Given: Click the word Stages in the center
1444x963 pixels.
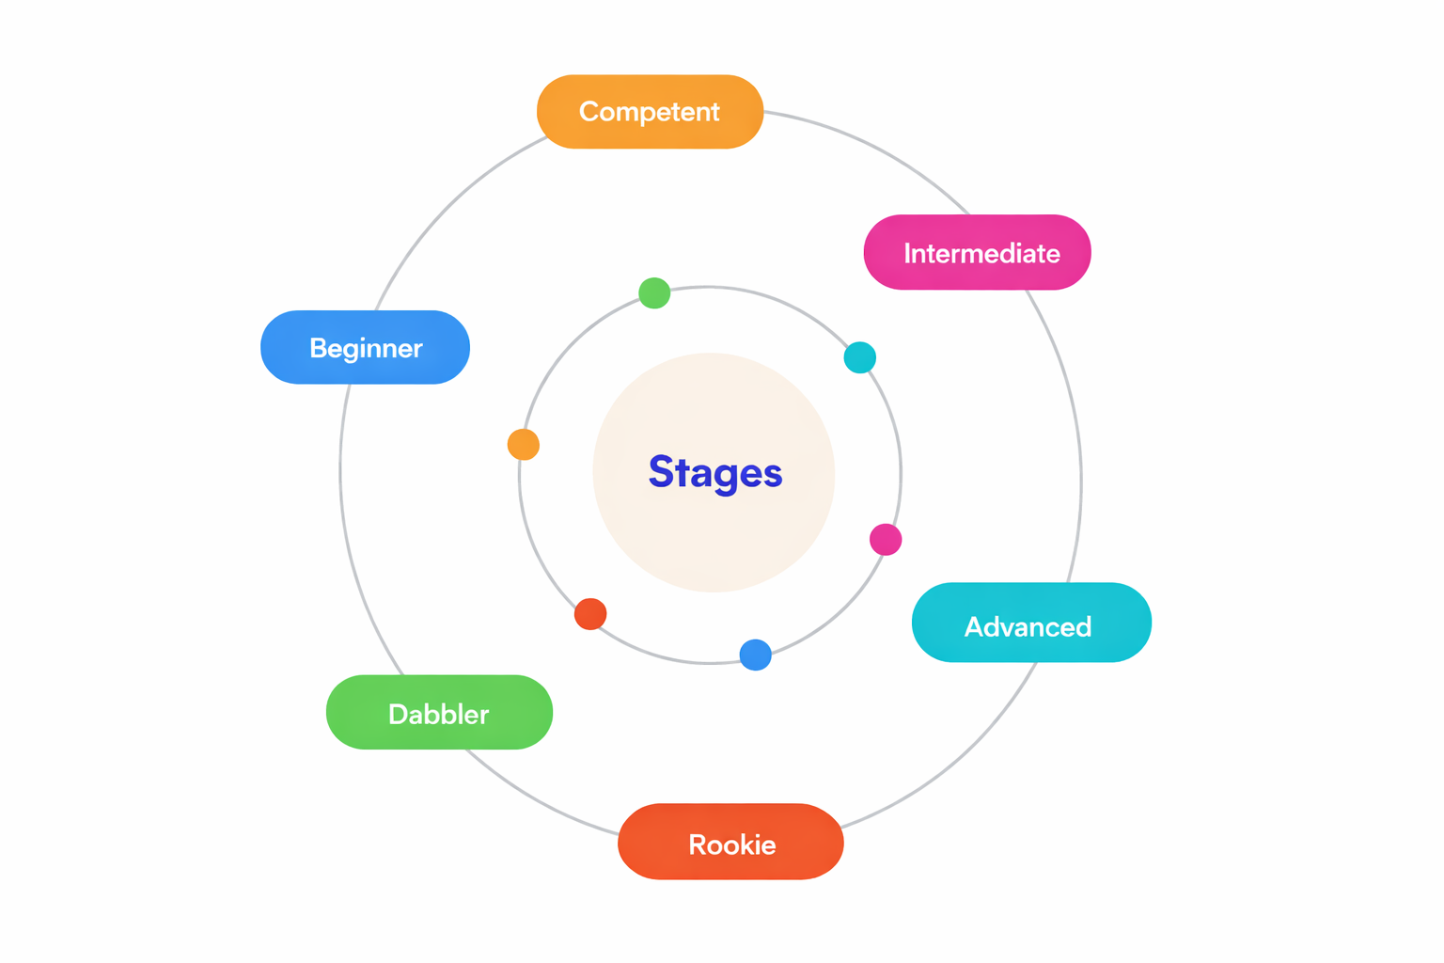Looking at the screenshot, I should click(x=715, y=472).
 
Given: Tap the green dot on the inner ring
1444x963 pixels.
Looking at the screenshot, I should click(x=654, y=293).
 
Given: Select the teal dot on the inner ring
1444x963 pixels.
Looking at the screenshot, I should click(x=859, y=357).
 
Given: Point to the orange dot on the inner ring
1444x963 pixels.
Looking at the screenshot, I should click(x=524, y=444).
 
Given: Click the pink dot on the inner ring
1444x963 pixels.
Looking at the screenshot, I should click(x=886, y=540).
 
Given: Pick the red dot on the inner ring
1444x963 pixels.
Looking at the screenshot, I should click(x=590, y=614).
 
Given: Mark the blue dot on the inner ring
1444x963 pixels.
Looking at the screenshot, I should click(x=756, y=655).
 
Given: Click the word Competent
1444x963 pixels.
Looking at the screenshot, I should click(x=650, y=112).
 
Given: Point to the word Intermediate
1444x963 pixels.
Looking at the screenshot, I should click(x=981, y=253).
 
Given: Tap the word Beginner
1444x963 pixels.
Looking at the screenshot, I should click(x=366, y=348).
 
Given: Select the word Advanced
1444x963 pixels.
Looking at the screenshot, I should click(x=1028, y=626).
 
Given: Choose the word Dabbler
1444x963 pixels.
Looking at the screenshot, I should click(x=438, y=714).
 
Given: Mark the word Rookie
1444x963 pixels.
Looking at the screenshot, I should click(x=732, y=845).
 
